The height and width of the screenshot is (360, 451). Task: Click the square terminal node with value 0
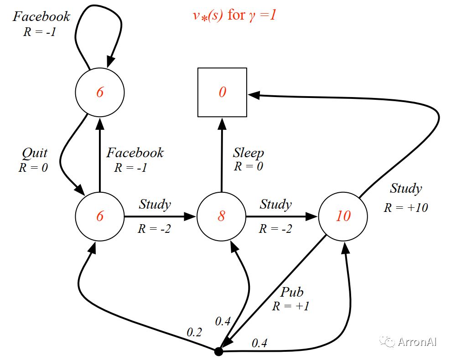click(222, 93)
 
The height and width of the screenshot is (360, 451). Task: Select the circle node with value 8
click(221, 216)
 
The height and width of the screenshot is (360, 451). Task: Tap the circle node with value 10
click(343, 216)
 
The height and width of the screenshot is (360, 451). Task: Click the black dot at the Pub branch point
click(218, 351)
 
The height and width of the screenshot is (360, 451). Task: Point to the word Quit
click(35, 153)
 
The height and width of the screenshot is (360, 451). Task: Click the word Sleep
click(248, 153)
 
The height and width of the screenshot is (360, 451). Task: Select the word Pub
click(292, 292)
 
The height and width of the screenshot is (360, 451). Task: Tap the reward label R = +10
click(406, 207)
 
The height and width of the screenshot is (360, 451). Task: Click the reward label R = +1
click(291, 306)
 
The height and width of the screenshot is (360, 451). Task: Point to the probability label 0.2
click(194, 332)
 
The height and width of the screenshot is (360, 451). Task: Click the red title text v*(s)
click(207, 15)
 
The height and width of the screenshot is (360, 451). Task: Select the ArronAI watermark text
click(417, 342)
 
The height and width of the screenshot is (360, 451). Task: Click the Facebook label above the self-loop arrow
click(41, 16)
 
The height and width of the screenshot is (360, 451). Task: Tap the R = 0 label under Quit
click(33, 168)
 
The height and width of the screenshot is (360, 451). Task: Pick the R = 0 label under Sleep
click(249, 166)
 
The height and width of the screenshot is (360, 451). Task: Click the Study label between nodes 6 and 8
click(155, 205)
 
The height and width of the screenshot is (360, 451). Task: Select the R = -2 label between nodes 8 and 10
click(275, 229)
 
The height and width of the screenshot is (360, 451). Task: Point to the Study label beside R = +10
click(406, 188)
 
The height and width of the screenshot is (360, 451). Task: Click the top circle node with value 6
click(100, 93)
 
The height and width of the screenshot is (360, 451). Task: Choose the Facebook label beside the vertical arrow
click(135, 153)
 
